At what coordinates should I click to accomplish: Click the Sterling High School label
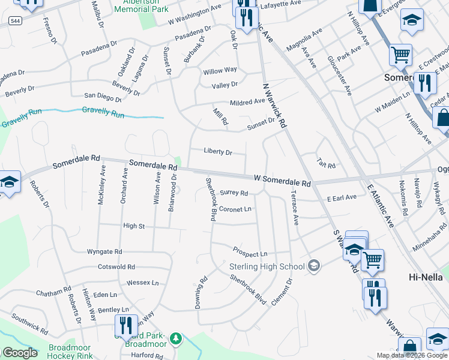[x=267, y=266]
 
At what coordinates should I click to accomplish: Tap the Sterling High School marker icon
[x=313, y=265]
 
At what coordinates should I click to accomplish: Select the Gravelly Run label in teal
[x=103, y=112]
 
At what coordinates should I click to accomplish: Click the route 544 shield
[x=16, y=20]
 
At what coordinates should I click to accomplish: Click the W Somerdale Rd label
[x=282, y=180]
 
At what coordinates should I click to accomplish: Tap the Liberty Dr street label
[x=217, y=152]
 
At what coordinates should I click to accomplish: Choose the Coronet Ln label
[x=235, y=209]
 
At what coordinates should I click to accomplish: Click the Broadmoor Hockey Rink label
[x=70, y=352]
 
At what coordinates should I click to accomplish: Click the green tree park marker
[x=175, y=339]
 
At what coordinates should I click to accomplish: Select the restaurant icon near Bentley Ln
[x=127, y=326]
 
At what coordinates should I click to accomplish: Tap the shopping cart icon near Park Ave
[x=400, y=55]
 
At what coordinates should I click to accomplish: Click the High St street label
[x=134, y=226]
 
